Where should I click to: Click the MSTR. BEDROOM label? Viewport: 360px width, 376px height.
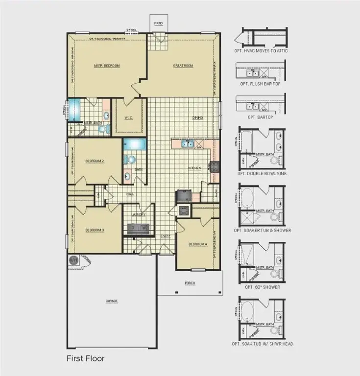pos(107,66)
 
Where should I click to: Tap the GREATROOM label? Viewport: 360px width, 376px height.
pos(183,66)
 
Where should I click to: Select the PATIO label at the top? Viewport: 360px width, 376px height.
pos(158,23)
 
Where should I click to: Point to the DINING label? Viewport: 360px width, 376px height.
pos(197,117)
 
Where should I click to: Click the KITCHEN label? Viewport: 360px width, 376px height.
pos(195,168)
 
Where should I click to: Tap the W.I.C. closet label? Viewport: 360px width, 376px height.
pos(129,117)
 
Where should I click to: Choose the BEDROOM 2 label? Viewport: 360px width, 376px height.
pos(95,161)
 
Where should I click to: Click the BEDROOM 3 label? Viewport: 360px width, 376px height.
pos(95,230)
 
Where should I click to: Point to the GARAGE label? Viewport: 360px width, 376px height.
pos(112,301)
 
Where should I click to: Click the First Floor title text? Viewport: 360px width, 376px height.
pos(85,358)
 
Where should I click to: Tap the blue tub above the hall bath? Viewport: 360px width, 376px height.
pos(134,144)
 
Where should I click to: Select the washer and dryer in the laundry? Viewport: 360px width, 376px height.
pos(139,228)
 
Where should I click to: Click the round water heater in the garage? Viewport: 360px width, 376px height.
pos(74,260)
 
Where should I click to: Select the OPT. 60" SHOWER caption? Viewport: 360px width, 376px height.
pos(260,287)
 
